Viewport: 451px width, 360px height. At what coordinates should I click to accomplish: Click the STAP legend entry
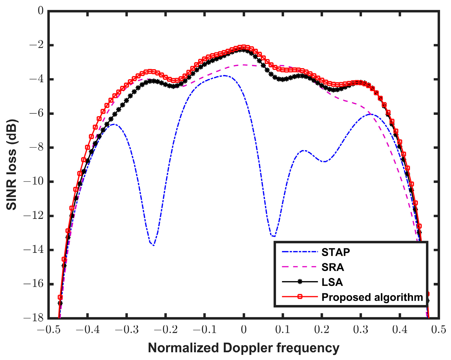(x=336, y=252)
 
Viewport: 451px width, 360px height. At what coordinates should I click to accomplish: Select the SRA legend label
(x=333, y=267)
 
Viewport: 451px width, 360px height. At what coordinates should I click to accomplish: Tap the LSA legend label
(x=332, y=282)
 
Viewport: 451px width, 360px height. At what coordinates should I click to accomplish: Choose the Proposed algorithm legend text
(x=372, y=297)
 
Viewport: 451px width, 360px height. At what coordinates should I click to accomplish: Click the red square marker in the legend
(x=300, y=296)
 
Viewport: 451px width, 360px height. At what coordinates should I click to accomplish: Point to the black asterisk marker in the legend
(x=300, y=282)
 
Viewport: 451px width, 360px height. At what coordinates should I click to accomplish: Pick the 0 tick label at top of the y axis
(x=40, y=11)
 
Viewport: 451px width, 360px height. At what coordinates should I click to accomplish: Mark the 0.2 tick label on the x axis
(x=322, y=330)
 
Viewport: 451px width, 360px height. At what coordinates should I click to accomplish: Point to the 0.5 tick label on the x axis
(x=439, y=330)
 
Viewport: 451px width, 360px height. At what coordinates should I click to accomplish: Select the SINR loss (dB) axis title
(x=12, y=165)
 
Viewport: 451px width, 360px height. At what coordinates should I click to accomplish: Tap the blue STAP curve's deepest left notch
(x=154, y=245)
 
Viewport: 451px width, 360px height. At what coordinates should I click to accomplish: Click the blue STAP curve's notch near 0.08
(x=273, y=236)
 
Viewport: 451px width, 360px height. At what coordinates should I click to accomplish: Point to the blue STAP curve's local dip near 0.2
(x=324, y=162)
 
